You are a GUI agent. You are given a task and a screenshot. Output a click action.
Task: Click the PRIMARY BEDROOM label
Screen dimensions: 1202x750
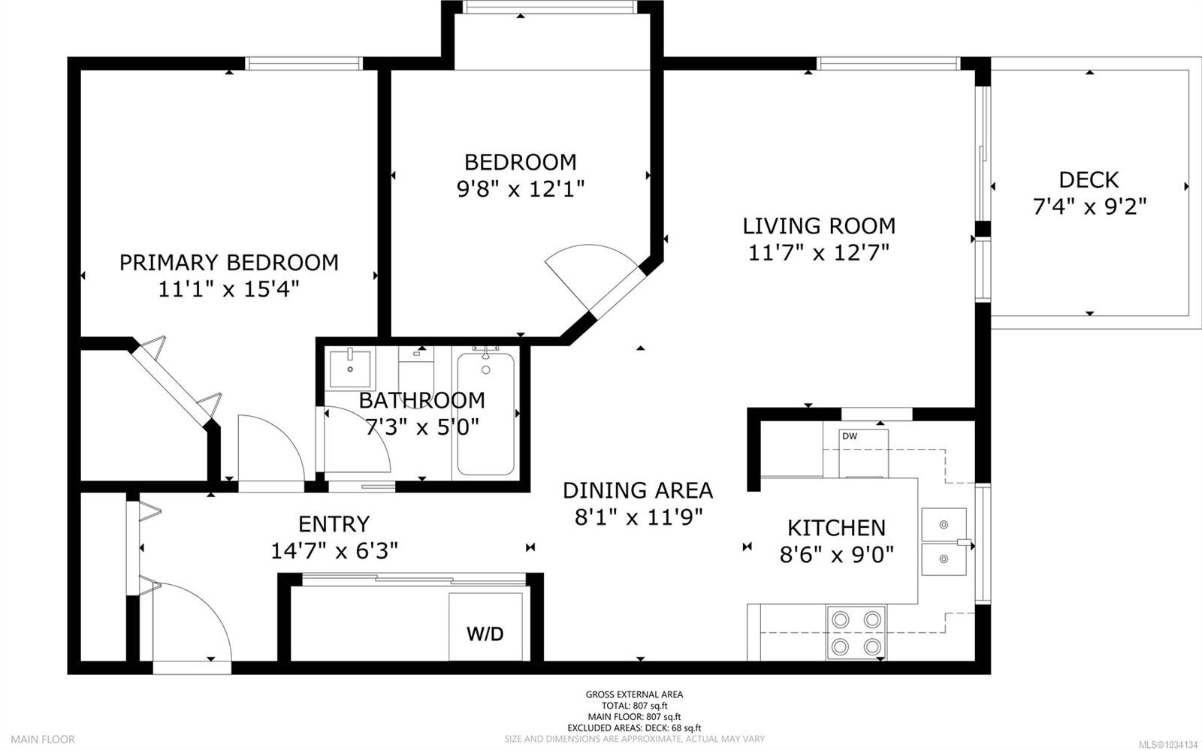coord(228,263)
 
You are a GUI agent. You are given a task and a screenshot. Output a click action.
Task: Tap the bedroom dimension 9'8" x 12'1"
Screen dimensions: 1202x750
coord(520,188)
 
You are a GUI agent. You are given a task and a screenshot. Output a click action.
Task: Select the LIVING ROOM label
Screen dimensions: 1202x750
coord(819,226)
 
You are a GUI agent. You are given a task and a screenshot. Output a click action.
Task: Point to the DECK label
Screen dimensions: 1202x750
coord(1089,179)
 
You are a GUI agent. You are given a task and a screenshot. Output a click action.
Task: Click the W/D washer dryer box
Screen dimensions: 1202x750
coord(485,627)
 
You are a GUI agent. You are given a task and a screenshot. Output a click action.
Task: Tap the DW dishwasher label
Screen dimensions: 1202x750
coord(850,436)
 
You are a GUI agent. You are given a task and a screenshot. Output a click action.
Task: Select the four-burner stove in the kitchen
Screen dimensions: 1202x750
coord(856,633)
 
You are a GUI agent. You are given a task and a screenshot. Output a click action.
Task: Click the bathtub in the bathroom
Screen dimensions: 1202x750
coord(485,414)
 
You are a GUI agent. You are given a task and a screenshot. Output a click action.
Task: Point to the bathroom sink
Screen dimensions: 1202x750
coord(350,369)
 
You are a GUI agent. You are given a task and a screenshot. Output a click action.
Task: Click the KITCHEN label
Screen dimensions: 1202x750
coord(836,528)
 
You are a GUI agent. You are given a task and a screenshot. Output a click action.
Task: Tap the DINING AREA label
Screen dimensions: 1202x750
coord(638,490)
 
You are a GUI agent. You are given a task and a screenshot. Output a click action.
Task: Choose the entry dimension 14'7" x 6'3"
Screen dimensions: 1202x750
coord(334,550)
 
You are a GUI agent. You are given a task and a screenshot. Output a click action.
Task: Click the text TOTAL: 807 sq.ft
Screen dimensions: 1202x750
coord(634,706)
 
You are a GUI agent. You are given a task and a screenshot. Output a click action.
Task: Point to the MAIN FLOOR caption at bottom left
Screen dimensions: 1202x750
coord(43,739)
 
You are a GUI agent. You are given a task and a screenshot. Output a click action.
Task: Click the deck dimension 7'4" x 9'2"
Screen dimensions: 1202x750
coord(1089,206)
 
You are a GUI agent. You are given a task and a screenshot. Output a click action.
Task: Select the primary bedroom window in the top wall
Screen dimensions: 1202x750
coord(304,63)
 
